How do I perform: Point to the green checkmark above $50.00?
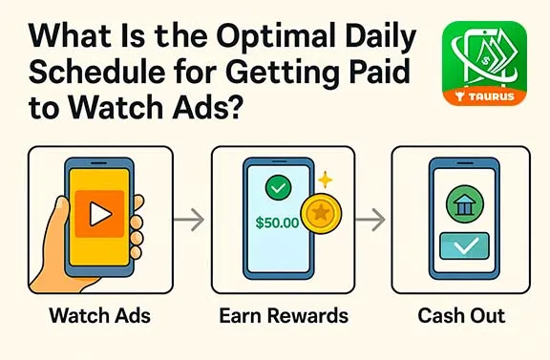[279, 189]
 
